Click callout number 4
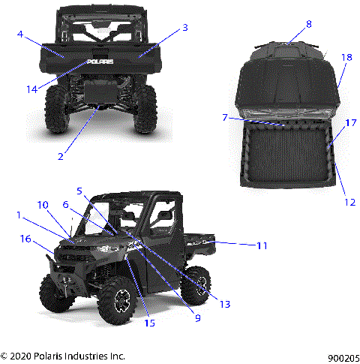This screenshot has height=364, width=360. tap(20, 34)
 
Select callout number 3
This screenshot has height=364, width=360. tap(185, 28)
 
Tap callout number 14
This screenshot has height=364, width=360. tap(31, 89)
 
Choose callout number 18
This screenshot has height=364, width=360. tap(346, 57)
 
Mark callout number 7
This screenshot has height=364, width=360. tap(224, 116)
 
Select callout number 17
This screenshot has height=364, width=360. tap(349, 122)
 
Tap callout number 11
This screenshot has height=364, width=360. tap(261, 245)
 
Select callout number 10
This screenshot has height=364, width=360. tap(42, 205)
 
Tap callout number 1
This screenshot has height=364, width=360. tap(19, 215)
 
